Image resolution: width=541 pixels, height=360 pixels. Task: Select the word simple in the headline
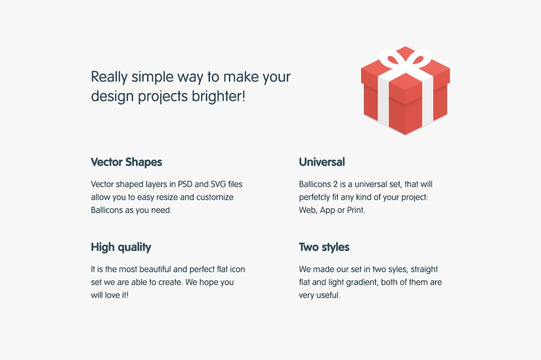[x=152, y=77]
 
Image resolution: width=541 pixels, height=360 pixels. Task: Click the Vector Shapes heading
[x=126, y=162]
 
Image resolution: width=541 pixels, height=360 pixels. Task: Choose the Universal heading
[x=322, y=162]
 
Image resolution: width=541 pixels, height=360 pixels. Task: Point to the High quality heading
[x=121, y=247]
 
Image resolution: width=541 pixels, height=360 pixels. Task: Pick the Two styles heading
[x=324, y=247]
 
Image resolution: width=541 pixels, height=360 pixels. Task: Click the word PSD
[x=185, y=184]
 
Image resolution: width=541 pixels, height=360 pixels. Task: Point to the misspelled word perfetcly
[x=314, y=198]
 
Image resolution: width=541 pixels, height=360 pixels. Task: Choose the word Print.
[x=356, y=210]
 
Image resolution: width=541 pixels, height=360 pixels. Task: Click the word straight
[x=424, y=270]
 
